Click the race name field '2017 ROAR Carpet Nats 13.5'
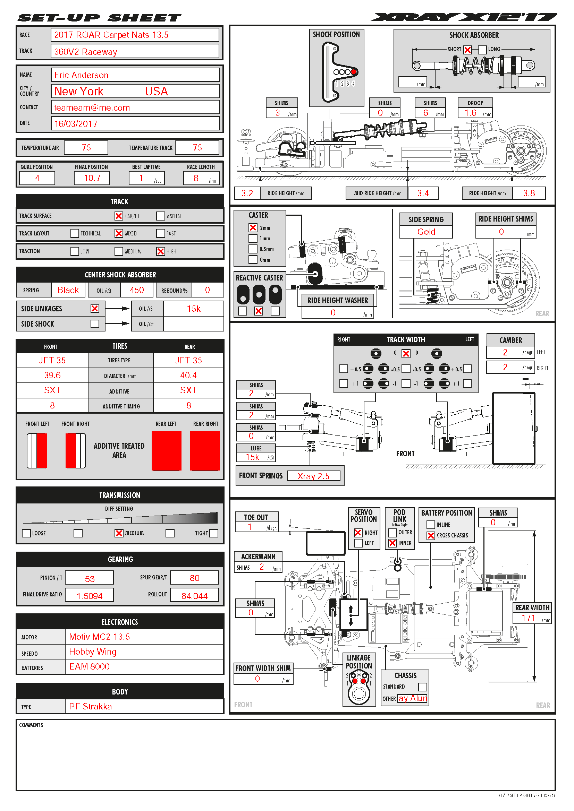tap(111, 35)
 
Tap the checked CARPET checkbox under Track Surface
tap(119, 216)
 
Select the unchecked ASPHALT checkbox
tap(160, 216)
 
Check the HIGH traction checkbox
tap(160, 251)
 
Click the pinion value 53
tap(90, 579)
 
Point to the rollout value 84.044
tap(194, 596)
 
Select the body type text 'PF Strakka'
tap(90, 706)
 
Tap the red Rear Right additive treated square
tap(205, 450)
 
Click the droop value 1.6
tap(470, 113)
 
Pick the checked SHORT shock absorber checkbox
tap(467, 50)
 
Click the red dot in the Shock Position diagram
tap(353, 72)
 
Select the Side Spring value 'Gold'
tap(426, 232)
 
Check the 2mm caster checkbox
tap(253, 228)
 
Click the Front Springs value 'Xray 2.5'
tap(313, 476)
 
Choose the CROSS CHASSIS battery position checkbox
tap(430, 535)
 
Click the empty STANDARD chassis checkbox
tap(422, 687)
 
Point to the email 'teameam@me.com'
tap(92, 108)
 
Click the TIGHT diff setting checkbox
tap(213, 533)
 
